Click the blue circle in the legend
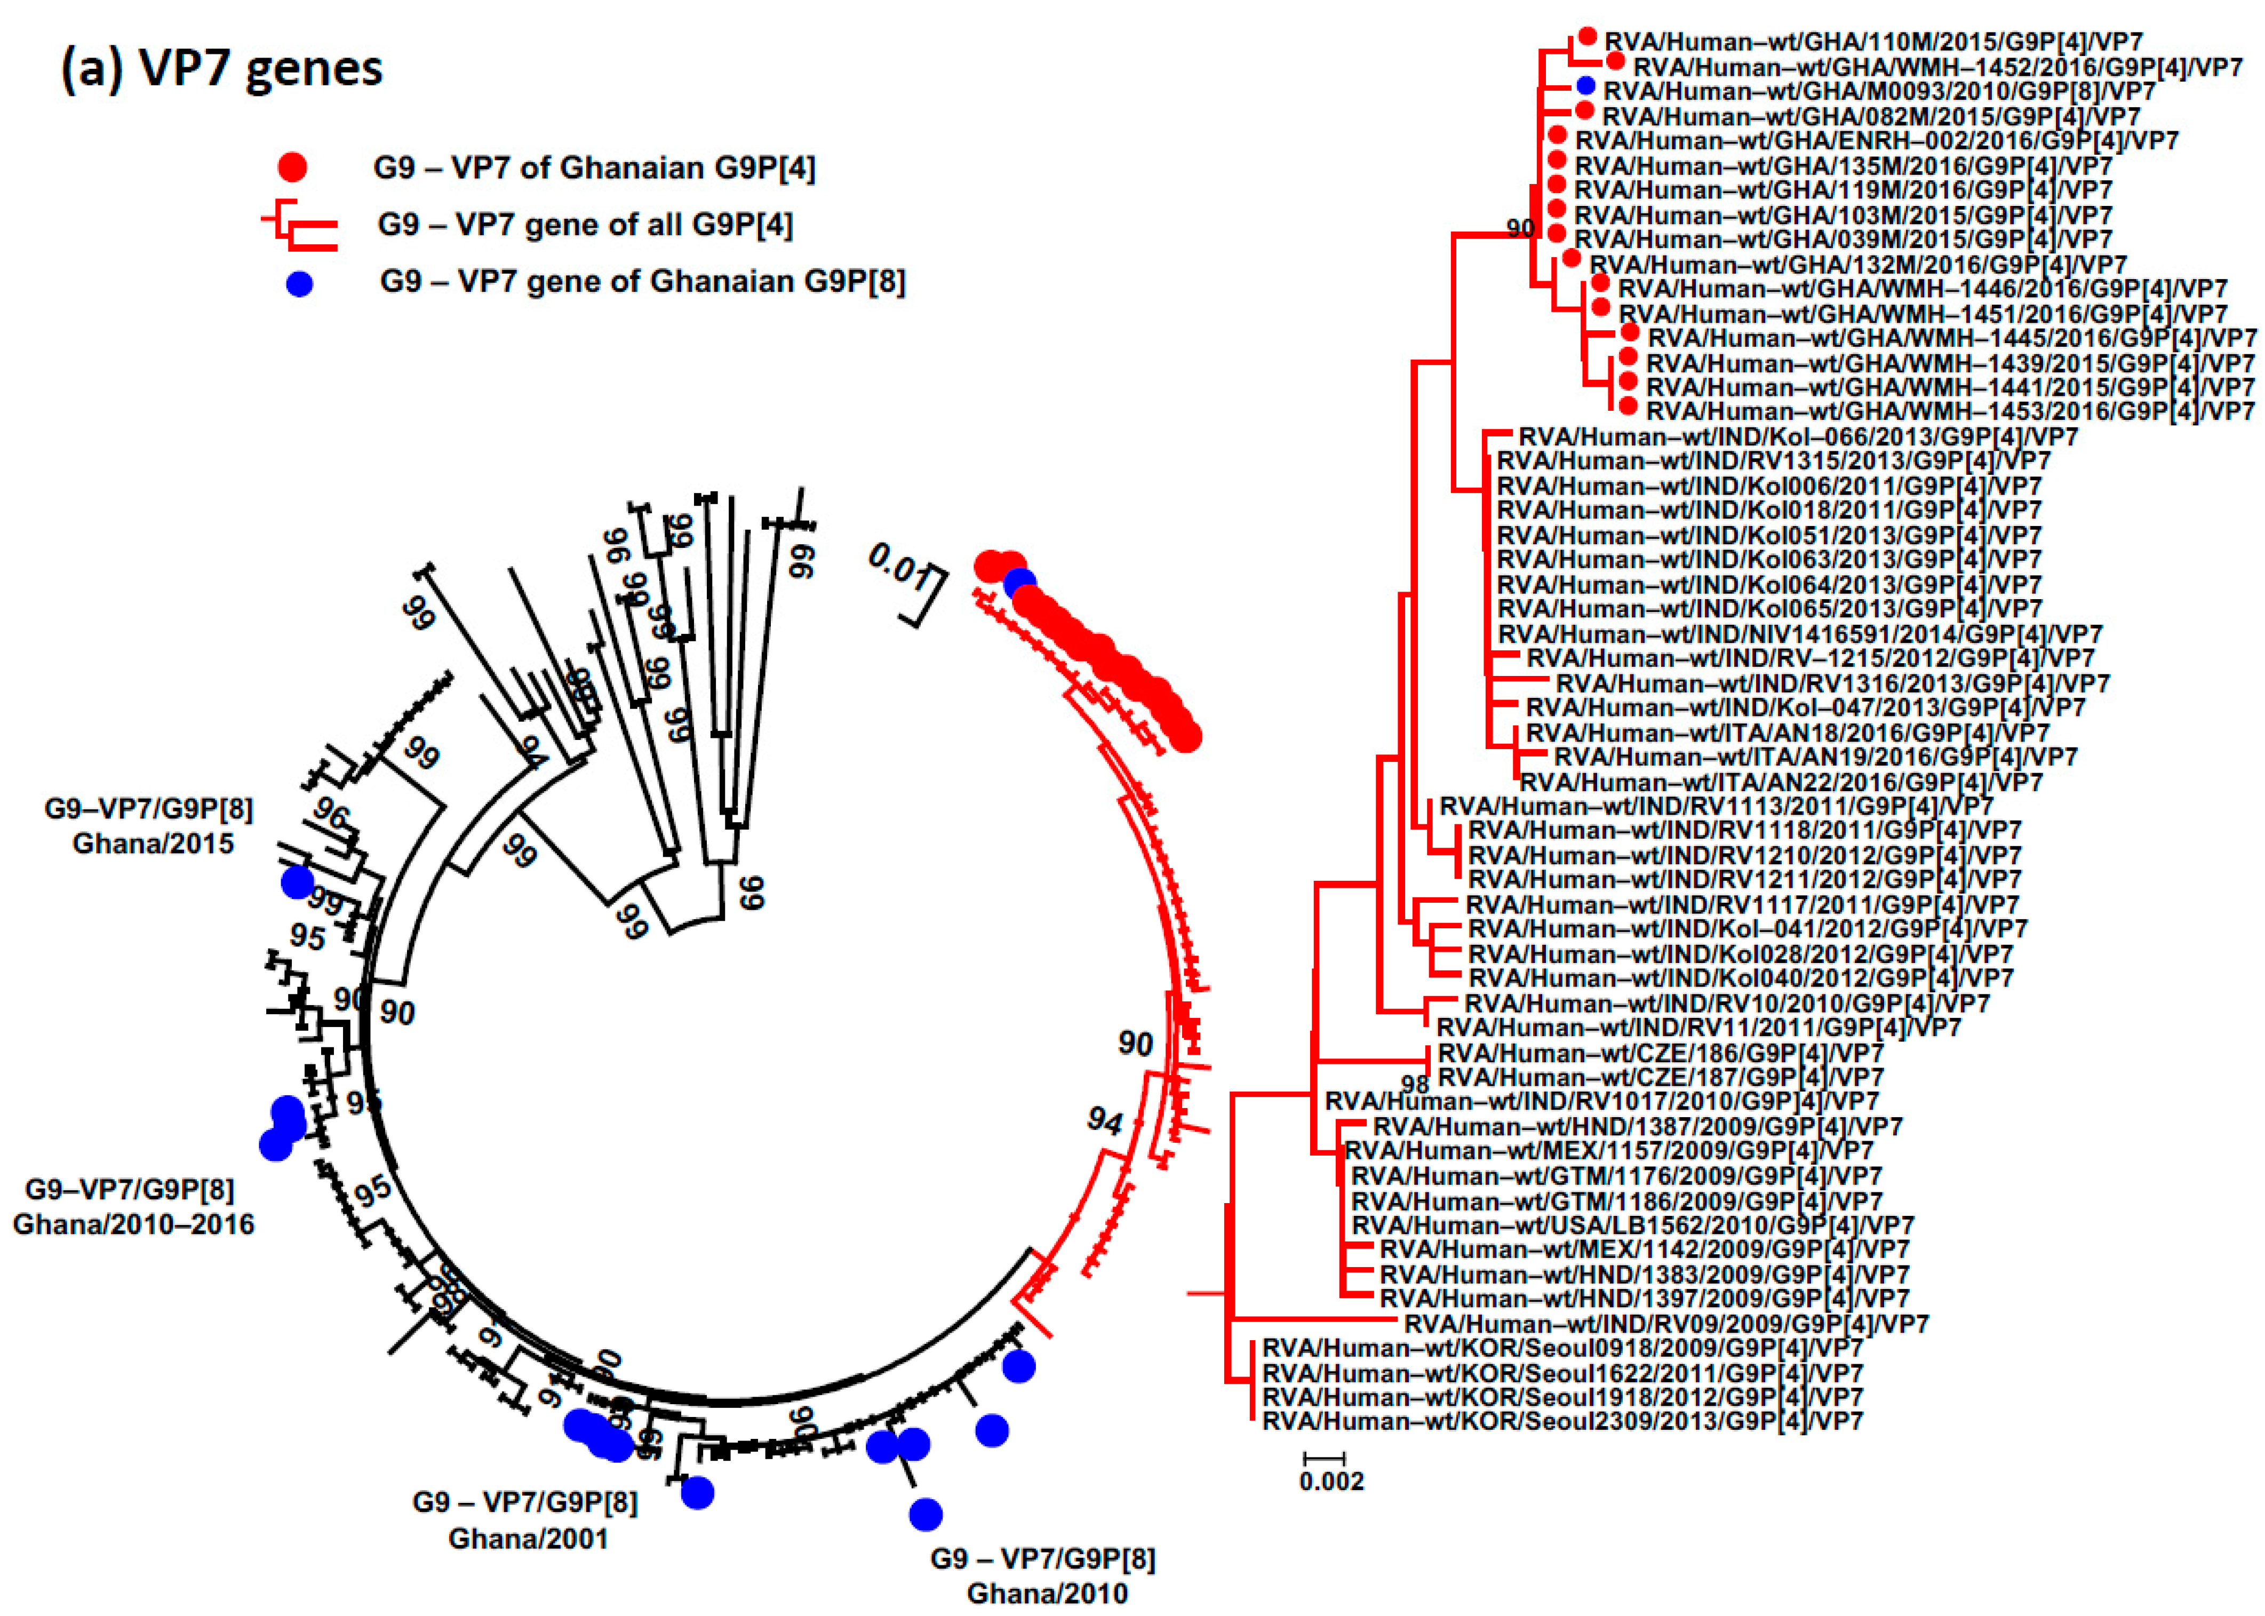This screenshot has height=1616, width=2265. (x=298, y=284)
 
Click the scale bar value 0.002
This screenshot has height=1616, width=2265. (x=1331, y=1482)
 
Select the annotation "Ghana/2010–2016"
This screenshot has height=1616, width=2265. (x=133, y=1224)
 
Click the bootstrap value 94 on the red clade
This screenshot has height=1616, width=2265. (x=1104, y=1121)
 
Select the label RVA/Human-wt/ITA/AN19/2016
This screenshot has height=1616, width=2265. (x=1815, y=757)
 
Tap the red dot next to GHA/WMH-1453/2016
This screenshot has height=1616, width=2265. (x=1628, y=406)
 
